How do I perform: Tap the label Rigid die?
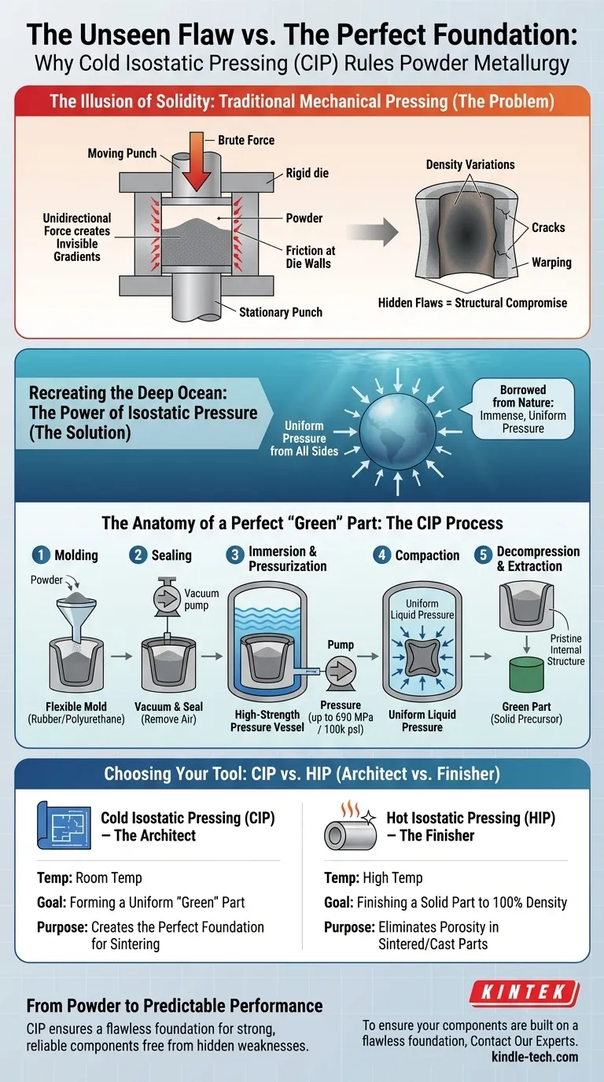point(307,173)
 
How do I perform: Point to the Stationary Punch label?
point(280,312)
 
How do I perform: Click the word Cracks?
point(548,227)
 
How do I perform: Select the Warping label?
point(551,263)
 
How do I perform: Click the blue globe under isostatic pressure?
point(398,432)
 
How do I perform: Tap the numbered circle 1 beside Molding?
point(41,554)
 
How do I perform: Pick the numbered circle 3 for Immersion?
point(235,554)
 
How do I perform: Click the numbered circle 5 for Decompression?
point(483,554)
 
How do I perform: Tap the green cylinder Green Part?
point(526,675)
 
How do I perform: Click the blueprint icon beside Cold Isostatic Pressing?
point(64,826)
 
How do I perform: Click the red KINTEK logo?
point(525,993)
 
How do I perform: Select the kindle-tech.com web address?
point(535,1056)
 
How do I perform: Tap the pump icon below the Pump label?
point(341,672)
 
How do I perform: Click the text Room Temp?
point(109,878)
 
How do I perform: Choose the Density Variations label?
point(470,164)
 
